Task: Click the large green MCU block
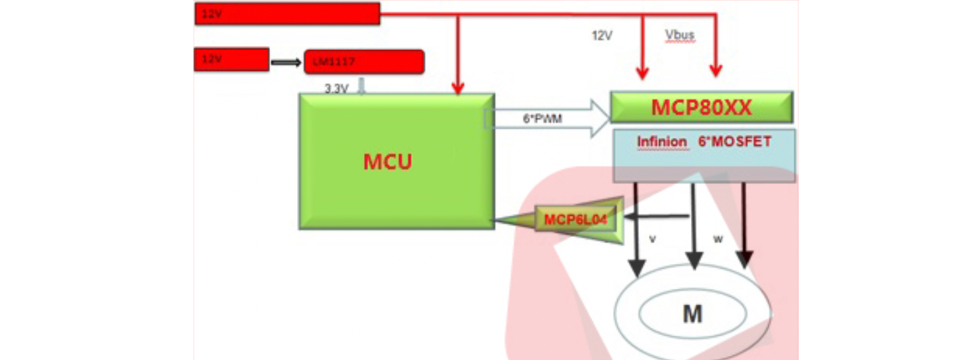click(x=396, y=161)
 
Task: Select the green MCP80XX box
click(x=701, y=107)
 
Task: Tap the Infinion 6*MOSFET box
click(x=704, y=155)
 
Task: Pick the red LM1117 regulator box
click(x=364, y=62)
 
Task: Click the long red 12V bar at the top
click(x=287, y=14)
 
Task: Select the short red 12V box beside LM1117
click(x=231, y=59)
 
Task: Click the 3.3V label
click(x=336, y=89)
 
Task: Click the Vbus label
click(x=679, y=35)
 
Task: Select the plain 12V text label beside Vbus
click(x=602, y=35)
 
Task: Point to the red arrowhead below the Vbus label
click(x=716, y=70)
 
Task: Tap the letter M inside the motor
click(x=692, y=314)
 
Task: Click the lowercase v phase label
click(x=652, y=238)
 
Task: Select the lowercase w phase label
click(x=719, y=239)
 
